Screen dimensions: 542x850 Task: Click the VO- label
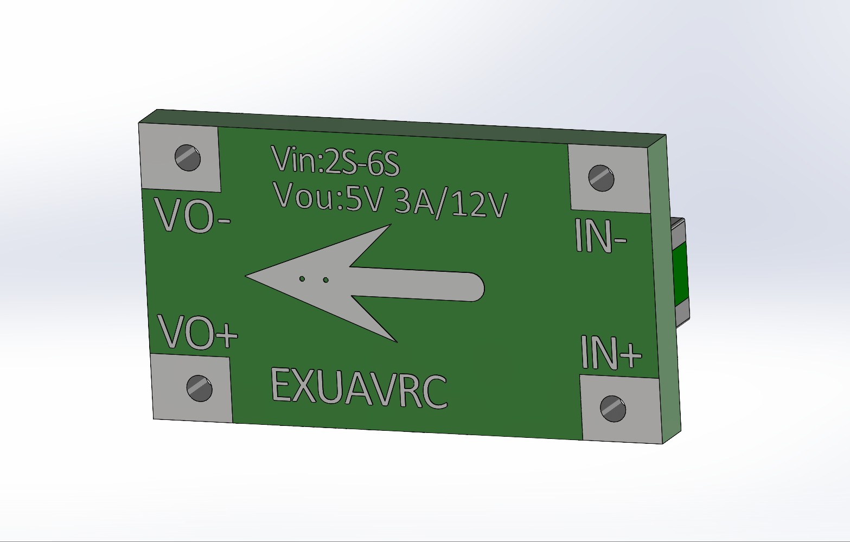click(x=193, y=215)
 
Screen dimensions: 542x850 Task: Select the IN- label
click(x=600, y=236)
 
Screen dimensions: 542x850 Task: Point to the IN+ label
click(x=611, y=352)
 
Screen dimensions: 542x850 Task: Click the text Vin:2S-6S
click(x=335, y=161)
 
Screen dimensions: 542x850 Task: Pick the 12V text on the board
click(x=479, y=205)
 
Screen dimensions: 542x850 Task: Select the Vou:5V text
click(x=329, y=196)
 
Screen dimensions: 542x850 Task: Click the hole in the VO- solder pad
click(x=188, y=158)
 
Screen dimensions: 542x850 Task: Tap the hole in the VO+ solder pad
click(x=199, y=388)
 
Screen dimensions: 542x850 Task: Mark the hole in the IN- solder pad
click(x=601, y=178)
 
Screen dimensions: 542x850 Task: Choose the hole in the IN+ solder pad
click(x=613, y=409)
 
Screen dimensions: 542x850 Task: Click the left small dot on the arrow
click(x=302, y=279)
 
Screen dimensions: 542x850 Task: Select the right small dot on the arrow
click(x=325, y=280)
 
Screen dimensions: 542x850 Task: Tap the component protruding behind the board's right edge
click(x=680, y=271)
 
